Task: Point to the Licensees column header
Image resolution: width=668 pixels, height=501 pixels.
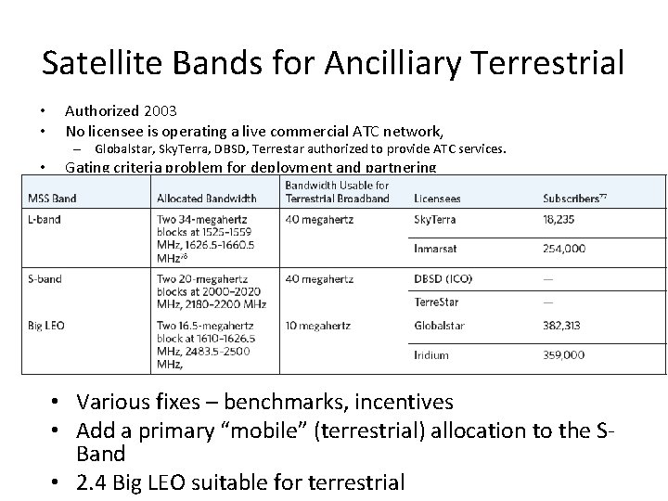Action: pyautogui.click(x=437, y=199)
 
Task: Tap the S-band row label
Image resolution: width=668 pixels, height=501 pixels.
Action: pyautogui.click(x=46, y=278)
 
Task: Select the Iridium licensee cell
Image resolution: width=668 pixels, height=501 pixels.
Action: pyautogui.click(x=430, y=354)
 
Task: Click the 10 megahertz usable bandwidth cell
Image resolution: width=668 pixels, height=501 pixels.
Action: pyautogui.click(x=318, y=326)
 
